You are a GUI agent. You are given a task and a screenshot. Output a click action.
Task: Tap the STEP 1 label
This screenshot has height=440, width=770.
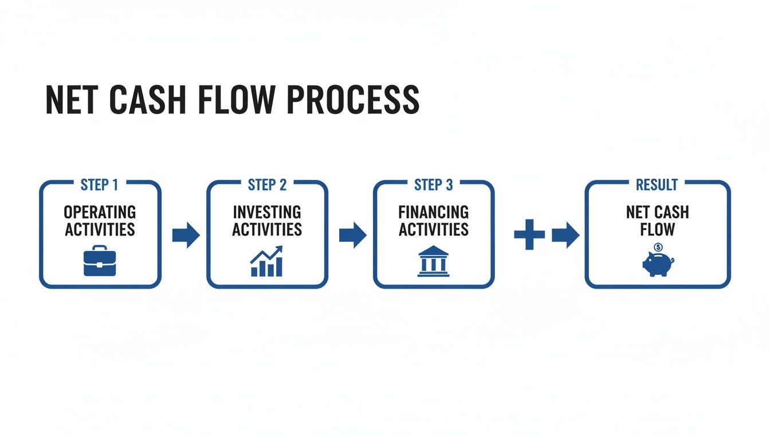coord(99,185)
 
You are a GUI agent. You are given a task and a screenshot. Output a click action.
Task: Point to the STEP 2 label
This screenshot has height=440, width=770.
coord(267,185)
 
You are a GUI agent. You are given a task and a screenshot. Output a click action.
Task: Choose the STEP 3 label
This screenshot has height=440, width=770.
coord(433,185)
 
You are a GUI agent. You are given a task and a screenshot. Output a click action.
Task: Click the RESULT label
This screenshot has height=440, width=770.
coord(657,185)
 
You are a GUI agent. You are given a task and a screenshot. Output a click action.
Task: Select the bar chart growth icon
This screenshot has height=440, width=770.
coord(266,262)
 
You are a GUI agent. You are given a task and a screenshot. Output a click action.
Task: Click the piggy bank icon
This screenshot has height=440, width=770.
coord(658,265)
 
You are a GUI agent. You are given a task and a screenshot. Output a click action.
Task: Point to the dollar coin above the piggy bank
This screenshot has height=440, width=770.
coord(658,247)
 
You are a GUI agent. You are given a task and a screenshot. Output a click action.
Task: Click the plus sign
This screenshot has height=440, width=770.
coord(529,234)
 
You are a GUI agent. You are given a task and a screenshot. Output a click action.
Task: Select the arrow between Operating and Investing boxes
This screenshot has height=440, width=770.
coord(186,234)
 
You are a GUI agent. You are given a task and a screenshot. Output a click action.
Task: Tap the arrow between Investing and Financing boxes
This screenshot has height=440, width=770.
coord(352,234)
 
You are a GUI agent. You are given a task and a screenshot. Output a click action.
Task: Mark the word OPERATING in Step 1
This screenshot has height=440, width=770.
coord(100,213)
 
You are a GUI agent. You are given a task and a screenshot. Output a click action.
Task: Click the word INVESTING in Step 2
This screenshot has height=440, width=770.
coord(267,213)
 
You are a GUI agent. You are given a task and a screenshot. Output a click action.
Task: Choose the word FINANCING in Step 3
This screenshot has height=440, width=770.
coord(433,213)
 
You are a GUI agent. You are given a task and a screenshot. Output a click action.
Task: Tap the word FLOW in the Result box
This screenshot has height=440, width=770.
coord(657,230)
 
